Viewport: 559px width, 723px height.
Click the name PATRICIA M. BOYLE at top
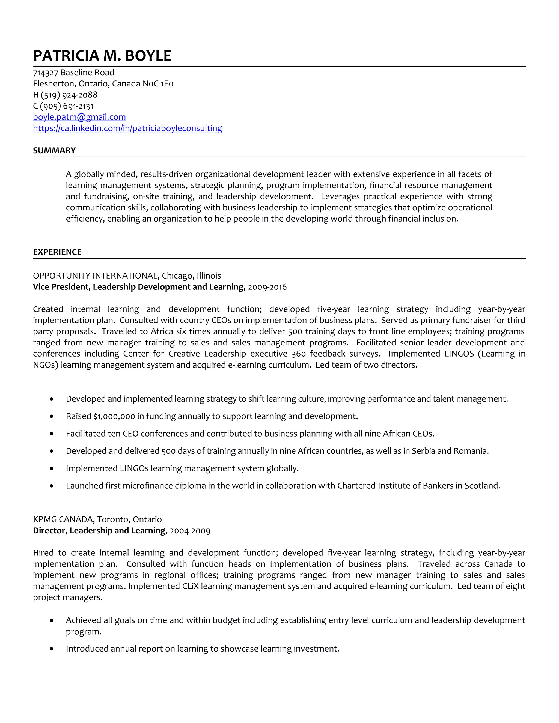tap(102, 56)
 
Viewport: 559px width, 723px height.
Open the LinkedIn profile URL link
tap(127, 128)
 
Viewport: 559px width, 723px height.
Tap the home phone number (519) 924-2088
tap(69, 95)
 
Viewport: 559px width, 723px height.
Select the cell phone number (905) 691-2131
tap(67, 106)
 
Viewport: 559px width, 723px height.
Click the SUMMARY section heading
tap(54, 150)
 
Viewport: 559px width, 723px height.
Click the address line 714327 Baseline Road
tap(73, 73)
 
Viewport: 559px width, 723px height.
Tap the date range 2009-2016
tap(267, 287)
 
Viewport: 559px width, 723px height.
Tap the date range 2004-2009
tap(190, 531)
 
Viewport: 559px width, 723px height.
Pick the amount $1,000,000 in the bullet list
tap(114, 416)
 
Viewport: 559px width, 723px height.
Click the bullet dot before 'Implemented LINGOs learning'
tap(51, 468)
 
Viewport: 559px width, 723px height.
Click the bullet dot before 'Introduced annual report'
tap(51, 649)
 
